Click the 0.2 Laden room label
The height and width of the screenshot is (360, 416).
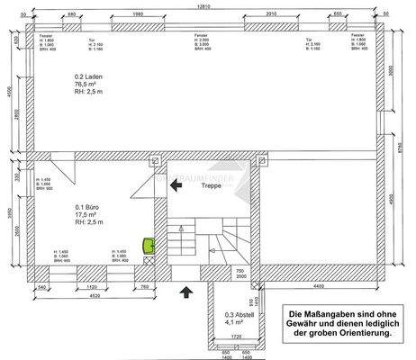[x=91, y=77]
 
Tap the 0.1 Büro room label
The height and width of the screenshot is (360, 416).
[x=89, y=206]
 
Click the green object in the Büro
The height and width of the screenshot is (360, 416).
[x=149, y=244]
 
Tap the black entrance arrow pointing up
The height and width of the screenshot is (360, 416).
[x=186, y=291]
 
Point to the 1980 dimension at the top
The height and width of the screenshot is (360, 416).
[x=138, y=14]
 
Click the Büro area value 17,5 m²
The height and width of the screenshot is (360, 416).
[x=88, y=215]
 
